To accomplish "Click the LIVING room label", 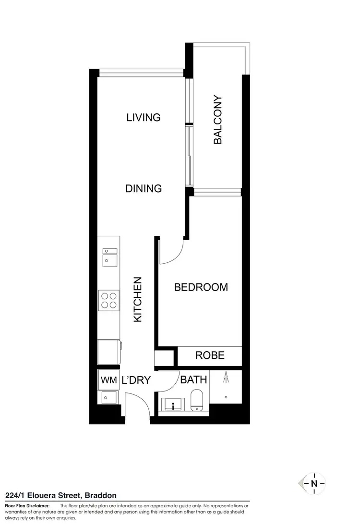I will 143,117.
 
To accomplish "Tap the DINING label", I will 144,188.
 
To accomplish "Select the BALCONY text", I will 217,120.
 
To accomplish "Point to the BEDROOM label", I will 201,287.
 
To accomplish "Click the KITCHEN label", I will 138,299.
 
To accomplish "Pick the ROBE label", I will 210,355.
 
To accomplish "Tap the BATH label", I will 193,379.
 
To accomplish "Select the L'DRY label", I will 136,380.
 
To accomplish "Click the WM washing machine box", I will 108,380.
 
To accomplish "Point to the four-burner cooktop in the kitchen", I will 108,300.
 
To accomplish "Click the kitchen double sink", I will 109,256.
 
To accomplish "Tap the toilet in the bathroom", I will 197,400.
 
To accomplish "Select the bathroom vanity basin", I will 172,404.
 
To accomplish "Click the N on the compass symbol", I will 314,484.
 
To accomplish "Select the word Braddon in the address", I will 100,495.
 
